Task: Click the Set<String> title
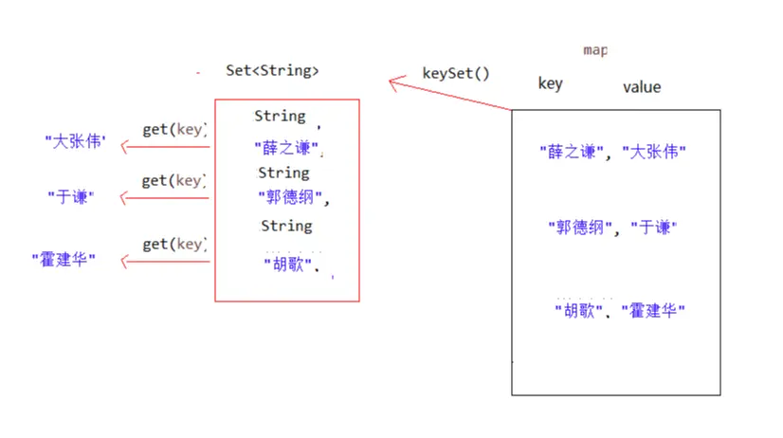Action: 273,71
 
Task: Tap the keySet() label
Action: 456,73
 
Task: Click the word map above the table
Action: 595,49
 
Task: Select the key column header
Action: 550,83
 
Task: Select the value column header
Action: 642,87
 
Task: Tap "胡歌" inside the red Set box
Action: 288,265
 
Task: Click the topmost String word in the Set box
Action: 280,116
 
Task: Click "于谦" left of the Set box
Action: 68,197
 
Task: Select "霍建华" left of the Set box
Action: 64,258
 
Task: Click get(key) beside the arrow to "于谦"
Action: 173,180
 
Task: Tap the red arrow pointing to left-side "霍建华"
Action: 161,261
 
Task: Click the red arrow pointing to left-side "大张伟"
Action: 161,147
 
